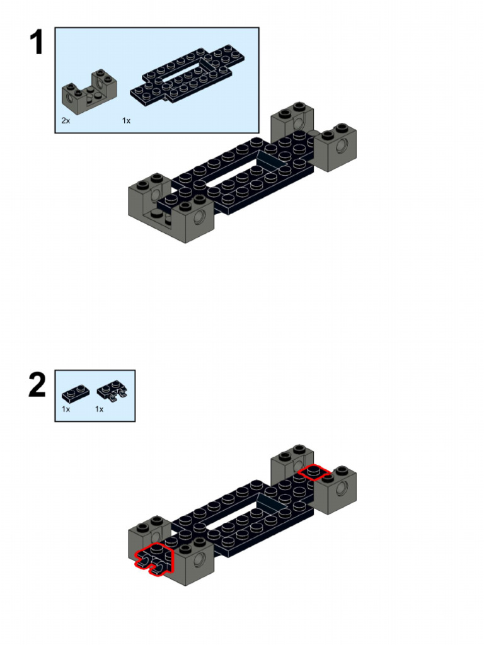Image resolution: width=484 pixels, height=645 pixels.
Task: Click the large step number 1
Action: tap(37, 42)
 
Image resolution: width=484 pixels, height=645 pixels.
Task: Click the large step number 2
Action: tap(37, 385)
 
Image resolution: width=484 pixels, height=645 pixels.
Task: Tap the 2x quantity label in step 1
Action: tap(66, 120)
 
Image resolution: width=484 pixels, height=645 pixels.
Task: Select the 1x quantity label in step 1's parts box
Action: tap(126, 120)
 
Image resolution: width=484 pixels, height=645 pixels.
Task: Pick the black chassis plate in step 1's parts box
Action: tap(188, 75)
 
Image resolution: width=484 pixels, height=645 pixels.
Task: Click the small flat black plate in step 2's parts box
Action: tap(76, 394)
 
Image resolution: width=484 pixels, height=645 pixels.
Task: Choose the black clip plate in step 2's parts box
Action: tap(112, 392)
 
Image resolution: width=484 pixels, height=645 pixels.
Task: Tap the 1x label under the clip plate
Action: tap(99, 409)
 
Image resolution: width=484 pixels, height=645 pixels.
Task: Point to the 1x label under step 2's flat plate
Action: tap(66, 409)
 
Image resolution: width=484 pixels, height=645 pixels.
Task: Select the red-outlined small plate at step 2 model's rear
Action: tap(314, 472)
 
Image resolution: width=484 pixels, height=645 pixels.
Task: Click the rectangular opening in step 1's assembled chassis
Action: tap(239, 172)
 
